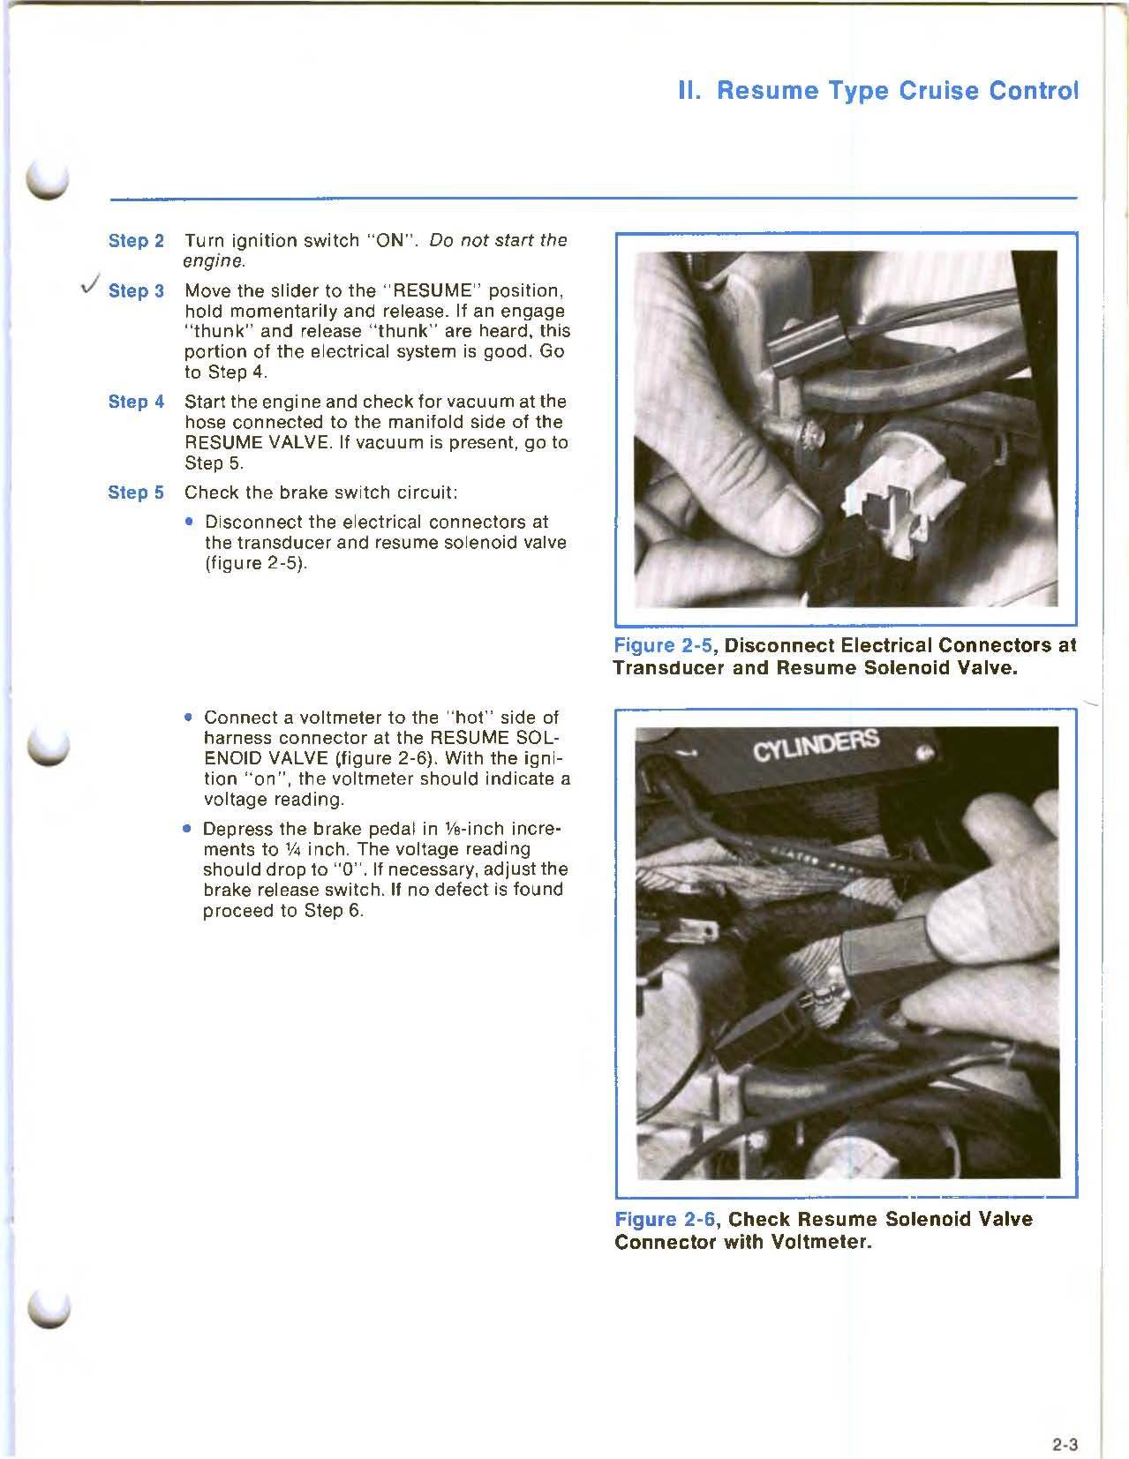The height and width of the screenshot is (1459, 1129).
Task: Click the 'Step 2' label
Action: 136,241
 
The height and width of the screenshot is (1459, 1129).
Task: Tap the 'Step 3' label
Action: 136,290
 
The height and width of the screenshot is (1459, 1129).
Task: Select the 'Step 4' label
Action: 136,402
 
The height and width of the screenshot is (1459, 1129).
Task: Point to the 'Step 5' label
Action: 136,493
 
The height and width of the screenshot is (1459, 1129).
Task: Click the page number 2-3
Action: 1065,1421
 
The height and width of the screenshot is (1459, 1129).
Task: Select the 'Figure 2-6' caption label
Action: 666,1219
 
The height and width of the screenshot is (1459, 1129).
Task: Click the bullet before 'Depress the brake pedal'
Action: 187,830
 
